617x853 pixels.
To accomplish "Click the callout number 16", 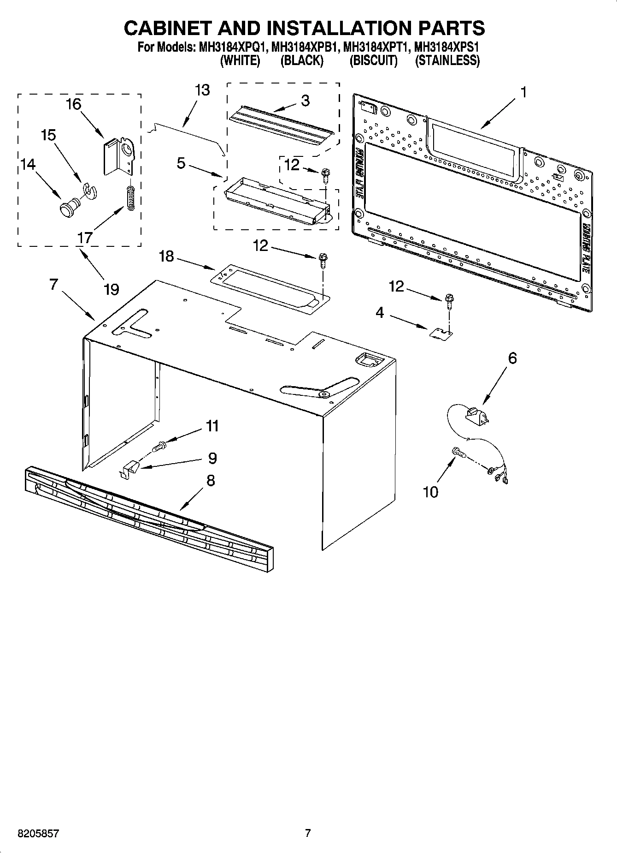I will pos(74,104).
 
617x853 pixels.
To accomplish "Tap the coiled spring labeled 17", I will pos(130,198).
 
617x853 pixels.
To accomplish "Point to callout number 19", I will pos(111,289).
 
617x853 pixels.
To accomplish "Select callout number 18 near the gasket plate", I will pos(166,256).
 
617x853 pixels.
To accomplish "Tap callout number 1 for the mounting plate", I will pos(523,92).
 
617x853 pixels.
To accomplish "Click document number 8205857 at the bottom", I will pos(38,833).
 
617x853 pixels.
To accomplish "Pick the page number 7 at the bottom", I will pos(308,833).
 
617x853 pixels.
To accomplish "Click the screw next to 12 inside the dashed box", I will pos(324,174).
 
